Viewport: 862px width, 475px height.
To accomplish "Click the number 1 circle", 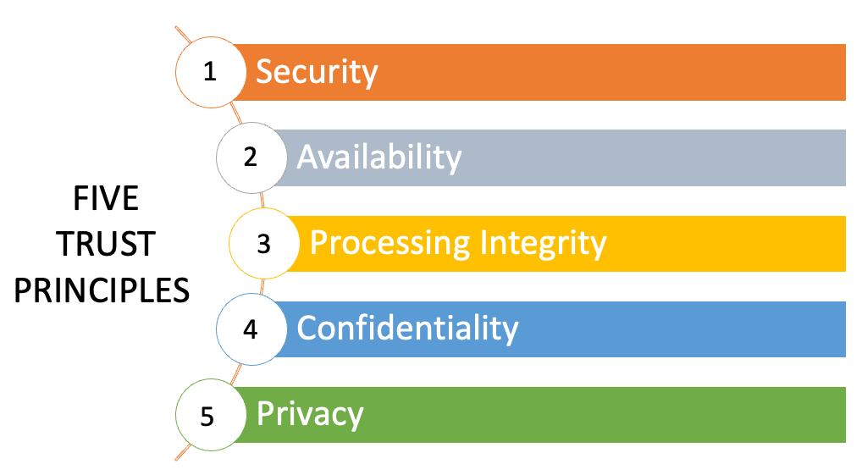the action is [209, 72].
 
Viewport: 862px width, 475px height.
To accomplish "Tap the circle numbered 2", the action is [250, 157].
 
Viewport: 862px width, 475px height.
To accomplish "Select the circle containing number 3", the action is [263, 244].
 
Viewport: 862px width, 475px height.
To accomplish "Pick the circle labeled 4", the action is [250, 329].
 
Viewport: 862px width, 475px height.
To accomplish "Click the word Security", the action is [317, 72].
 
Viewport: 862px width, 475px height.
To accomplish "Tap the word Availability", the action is [379, 157].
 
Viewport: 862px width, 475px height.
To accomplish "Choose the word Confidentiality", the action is [407, 329].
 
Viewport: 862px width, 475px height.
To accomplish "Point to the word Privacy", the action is [310, 416].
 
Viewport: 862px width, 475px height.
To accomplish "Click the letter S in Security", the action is [264, 72].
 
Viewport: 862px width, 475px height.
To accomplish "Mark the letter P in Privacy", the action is [264, 415].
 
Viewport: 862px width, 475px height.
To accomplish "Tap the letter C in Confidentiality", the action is [307, 329].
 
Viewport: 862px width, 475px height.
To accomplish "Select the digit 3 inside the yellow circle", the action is [263, 244].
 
